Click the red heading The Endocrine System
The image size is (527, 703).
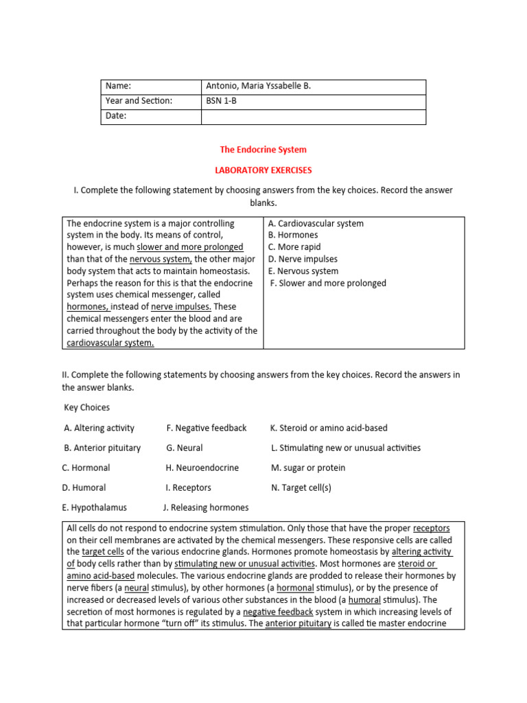(263, 149)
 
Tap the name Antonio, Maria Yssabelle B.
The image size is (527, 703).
(259, 87)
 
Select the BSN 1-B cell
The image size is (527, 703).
(221, 102)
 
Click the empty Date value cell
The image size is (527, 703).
(313, 117)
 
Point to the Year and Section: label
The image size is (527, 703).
(139, 102)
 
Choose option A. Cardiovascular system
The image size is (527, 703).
(316, 224)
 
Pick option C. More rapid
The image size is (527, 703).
(294, 247)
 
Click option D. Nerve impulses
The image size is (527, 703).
(303, 260)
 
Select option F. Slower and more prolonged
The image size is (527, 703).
(328, 284)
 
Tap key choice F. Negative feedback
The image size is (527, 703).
(206, 428)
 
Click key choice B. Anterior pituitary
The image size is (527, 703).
(102, 448)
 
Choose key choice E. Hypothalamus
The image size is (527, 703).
(94, 508)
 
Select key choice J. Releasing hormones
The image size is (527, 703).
(206, 508)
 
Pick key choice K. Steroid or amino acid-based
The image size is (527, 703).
(329, 428)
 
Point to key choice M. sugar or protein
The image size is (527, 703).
(308, 468)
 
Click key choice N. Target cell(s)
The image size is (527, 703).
(301, 488)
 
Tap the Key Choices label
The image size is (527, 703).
(86, 408)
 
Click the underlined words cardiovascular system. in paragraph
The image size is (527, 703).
(110, 343)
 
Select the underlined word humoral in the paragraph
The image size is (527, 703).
(364, 600)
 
